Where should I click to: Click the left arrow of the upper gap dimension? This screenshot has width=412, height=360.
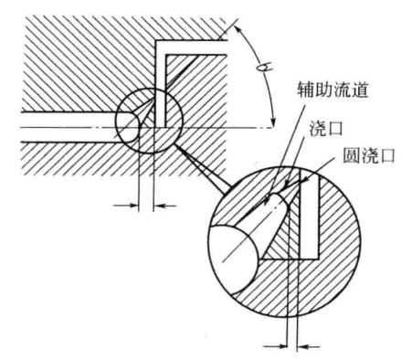pos(125,206)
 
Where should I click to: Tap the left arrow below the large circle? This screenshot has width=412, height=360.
pos(271,345)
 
